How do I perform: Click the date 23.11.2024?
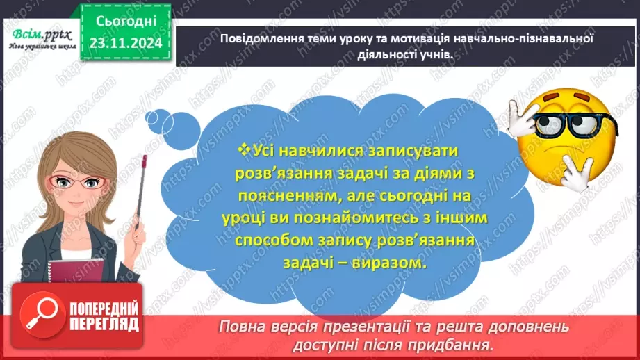126,43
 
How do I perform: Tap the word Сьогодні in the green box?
126,22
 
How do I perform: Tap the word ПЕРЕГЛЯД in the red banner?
104,324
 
